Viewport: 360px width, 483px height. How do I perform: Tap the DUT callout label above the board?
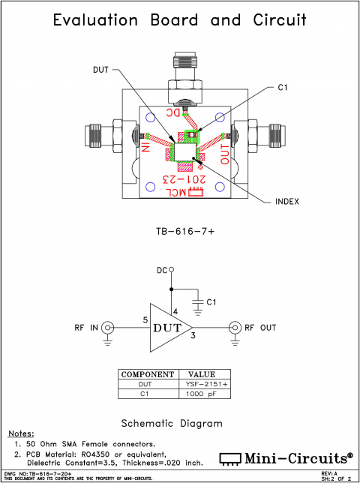tap(101, 70)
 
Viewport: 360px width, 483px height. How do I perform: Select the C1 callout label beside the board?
tap(282, 88)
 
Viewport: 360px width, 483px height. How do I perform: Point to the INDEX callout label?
tap(286, 201)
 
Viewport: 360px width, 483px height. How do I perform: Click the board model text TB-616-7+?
tap(180, 233)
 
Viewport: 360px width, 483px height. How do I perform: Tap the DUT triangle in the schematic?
tap(166, 327)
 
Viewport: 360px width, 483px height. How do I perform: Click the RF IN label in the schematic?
tap(85, 328)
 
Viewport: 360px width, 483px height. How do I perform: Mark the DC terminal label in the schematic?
tap(161, 270)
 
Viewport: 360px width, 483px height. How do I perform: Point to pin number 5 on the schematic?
tap(145, 320)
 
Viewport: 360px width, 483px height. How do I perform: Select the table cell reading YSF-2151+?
tap(202, 383)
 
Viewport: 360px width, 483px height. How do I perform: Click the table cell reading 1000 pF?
tap(202, 393)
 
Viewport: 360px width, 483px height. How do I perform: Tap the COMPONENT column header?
tap(148, 373)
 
